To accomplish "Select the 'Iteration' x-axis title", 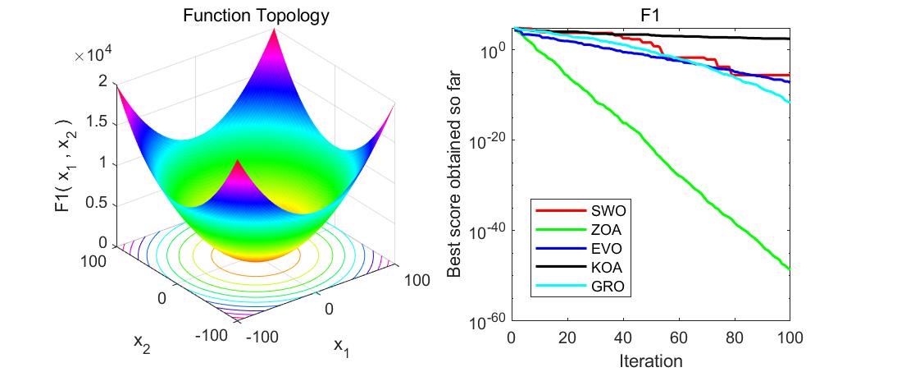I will (x=650, y=360).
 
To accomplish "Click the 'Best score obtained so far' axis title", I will (x=455, y=174).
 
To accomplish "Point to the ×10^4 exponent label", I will (x=96, y=56).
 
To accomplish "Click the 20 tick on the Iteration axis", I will (x=567, y=338).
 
